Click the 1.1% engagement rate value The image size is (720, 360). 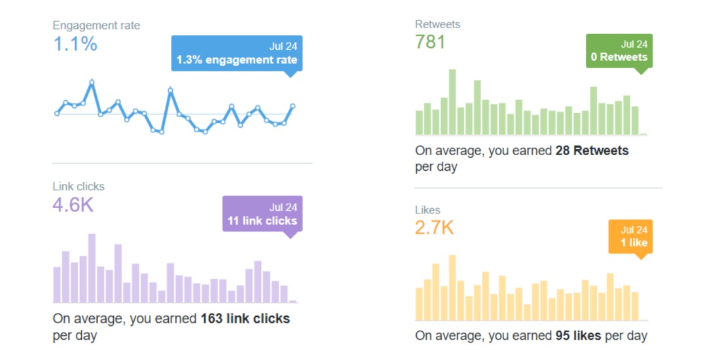pyautogui.click(x=75, y=45)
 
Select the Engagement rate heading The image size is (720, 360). pyautogui.click(x=96, y=26)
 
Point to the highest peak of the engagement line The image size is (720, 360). pyautogui.click(x=92, y=82)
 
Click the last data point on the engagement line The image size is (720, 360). pyautogui.click(x=293, y=106)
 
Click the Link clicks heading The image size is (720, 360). pyautogui.click(x=79, y=187)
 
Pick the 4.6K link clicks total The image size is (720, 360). pyautogui.click(x=73, y=206)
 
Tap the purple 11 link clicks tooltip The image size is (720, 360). pyautogui.click(x=262, y=214)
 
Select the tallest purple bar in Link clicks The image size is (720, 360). pyautogui.click(x=92, y=268)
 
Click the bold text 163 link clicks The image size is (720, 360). pyautogui.click(x=245, y=319)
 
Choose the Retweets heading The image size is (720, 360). pyautogui.click(x=437, y=24)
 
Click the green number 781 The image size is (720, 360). pyautogui.click(x=430, y=43)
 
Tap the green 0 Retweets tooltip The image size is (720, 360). pyautogui.click(x=619, y=51)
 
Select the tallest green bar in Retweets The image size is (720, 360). pyautogui.click(x=452, y=102)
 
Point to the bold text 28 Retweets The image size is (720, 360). pyautogui.click(x=592, y=151)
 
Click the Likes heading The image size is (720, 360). pyautogui.click(x=427, y=210)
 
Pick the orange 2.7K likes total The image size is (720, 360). pyautogui.click(x=434, y=228)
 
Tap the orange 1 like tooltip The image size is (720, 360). pyautogui.click(x=630, y=236)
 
